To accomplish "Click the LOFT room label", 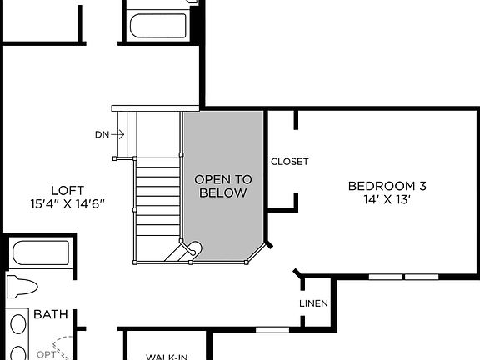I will pyautogui.click(x=67, y=189).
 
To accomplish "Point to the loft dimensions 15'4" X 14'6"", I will pyautogui.click(x=67, y=203).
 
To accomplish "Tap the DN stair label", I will pyautogui.click(x=102, y=133).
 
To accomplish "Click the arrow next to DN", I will pyautogui.click(x=118, y=133).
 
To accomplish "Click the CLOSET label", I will pyautogui.click(x=289, y=162).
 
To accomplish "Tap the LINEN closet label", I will pyautogui.click(x=313, y=303).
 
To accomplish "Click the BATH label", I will pyautogui.click(x=50, y=315).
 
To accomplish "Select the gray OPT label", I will pyautogui.click(x=44, y=354).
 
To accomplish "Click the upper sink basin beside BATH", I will pyautogui.click(x=16, y=322).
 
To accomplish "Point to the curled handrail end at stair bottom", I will pyautogui.click(x=192, y=248).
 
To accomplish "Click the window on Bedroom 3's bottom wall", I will pyautogui.click(x=404, y=276).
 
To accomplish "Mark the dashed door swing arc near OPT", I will pyautogui.click(x=60, y=343).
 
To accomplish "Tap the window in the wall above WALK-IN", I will pyautogui.click(x=271, y=329).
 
